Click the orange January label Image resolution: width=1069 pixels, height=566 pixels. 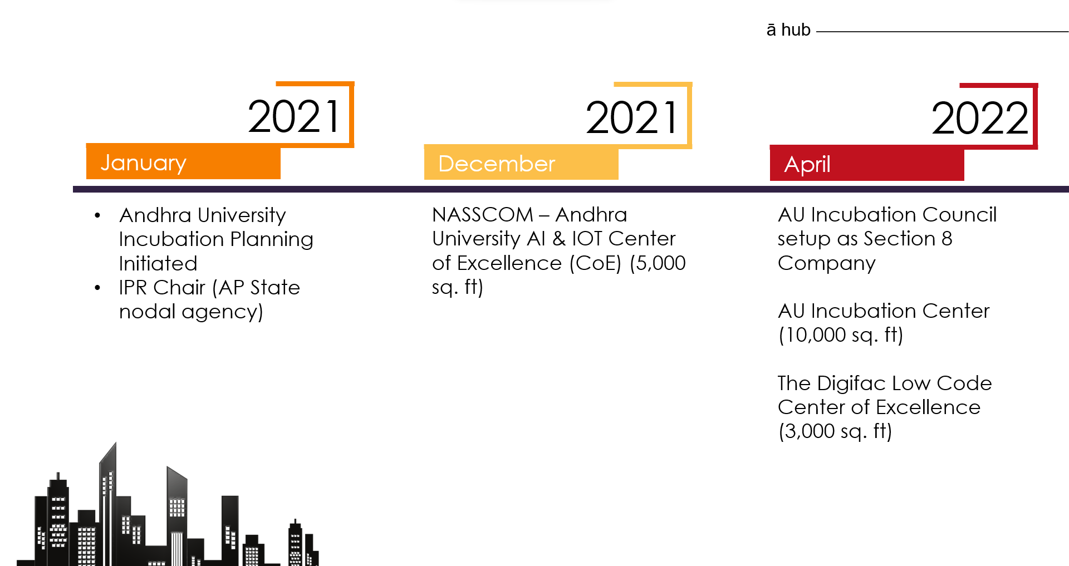[144, 163]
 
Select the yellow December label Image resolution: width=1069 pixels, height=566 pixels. [497, 164]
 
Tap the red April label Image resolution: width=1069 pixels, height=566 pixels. [807, 164]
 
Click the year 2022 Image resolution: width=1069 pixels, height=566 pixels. [979, 118]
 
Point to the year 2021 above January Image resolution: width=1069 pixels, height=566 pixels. [294, 116]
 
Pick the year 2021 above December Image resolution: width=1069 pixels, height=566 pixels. [632, 117]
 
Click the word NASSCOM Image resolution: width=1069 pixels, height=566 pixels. [483, 215]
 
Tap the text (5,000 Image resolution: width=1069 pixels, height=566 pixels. [658, 263]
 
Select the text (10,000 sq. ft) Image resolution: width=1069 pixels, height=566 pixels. [840, 335]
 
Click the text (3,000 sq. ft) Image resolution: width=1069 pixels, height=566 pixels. [835, 431]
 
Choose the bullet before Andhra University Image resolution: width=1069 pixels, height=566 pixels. [97, 215]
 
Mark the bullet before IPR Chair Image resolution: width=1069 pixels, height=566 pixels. [97, 288]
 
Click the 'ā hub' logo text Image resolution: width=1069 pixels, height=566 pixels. [788, 29]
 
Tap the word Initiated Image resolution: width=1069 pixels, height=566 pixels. [158, 263]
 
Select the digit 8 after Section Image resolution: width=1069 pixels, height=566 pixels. [947, 239]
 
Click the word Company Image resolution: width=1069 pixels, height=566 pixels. [826, 263]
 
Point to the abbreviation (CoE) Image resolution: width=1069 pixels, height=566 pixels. [595, 263]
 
